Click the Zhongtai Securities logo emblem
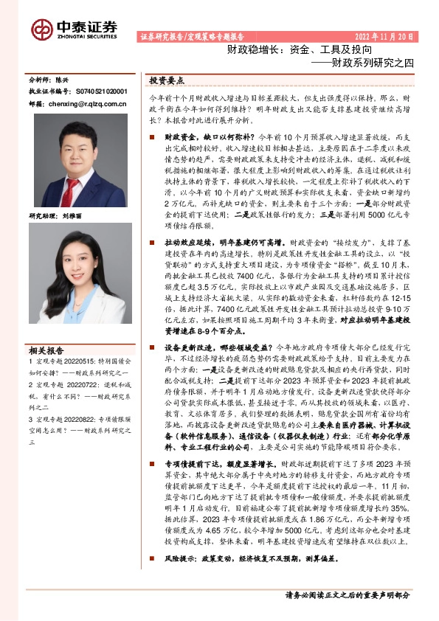(41, 29)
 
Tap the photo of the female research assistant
(70, 280)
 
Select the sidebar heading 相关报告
(46, 350)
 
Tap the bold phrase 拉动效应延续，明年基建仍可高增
(214, 242)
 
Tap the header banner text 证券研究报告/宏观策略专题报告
(191, 36)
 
